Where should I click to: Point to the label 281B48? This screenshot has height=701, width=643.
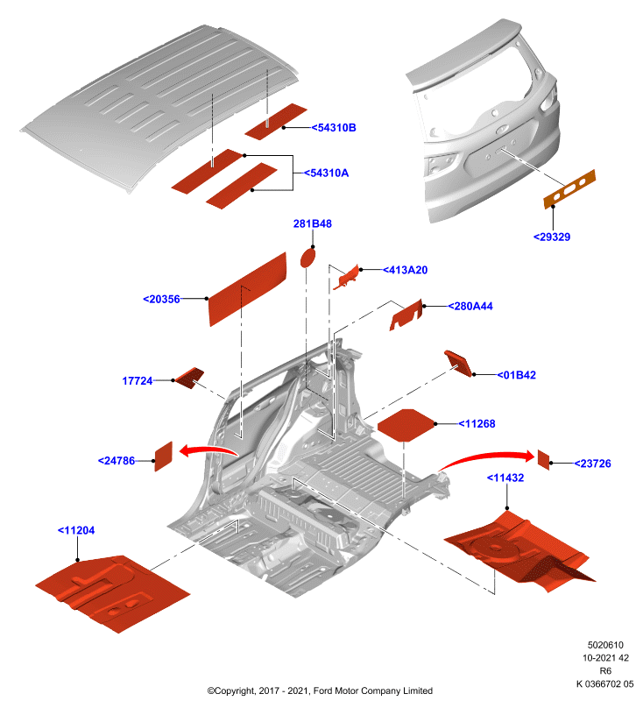click(313, 223)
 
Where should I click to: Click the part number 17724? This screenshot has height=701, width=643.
click(138, 381)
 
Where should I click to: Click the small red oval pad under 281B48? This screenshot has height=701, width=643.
click(307, 258)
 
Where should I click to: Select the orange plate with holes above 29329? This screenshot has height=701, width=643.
click(569, 189)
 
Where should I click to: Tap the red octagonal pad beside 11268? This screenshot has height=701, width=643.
click(406, 425)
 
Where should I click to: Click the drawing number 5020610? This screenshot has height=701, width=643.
click(605, 645)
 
